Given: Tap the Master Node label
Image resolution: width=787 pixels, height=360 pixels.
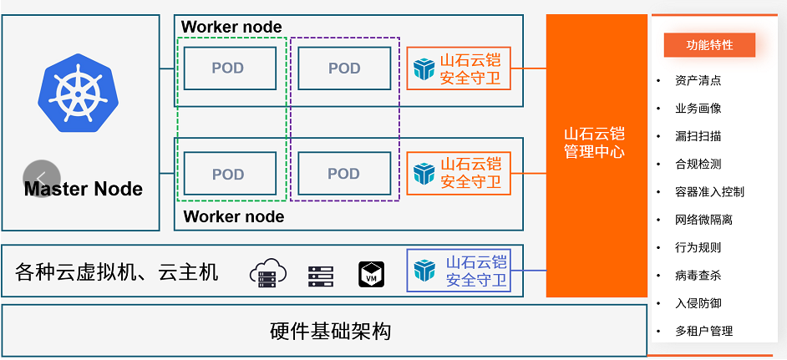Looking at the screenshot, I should coord(84,189).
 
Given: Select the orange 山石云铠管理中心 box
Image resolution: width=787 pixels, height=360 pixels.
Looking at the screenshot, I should coord(596,155).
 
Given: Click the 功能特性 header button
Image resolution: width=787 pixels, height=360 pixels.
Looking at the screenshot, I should coord(709,45).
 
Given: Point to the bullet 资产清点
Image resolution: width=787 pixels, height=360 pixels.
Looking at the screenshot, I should coord(698,80).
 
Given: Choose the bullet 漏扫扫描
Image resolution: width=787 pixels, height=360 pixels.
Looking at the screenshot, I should coord(698,136).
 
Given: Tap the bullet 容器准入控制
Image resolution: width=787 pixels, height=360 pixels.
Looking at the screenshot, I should coord(709,191).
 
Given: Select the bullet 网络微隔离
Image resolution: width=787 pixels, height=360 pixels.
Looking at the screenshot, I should coord(703,220).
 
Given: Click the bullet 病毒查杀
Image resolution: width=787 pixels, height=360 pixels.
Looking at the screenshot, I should coord(698,275).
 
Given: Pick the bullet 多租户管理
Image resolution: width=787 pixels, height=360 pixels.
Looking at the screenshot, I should coord(703,331).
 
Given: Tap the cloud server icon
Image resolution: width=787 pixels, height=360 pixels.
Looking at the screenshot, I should coord(268,272).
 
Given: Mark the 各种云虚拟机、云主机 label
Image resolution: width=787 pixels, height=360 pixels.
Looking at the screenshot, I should coord(117,272).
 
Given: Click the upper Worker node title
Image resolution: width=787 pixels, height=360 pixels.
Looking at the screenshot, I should coord(231,27).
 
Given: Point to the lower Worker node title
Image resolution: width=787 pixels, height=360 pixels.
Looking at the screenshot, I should coord(233,216).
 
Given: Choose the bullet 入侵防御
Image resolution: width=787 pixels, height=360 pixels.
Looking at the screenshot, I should coord(698,303).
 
